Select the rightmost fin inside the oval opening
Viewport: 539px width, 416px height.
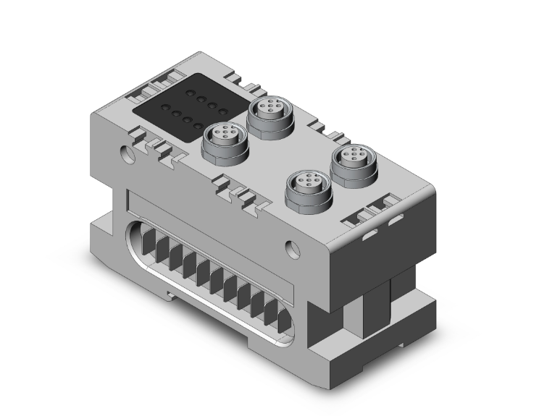[x=274, y=313]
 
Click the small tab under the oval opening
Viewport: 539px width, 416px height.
[x=172, y=294]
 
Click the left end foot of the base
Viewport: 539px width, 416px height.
[x=101, y=239]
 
